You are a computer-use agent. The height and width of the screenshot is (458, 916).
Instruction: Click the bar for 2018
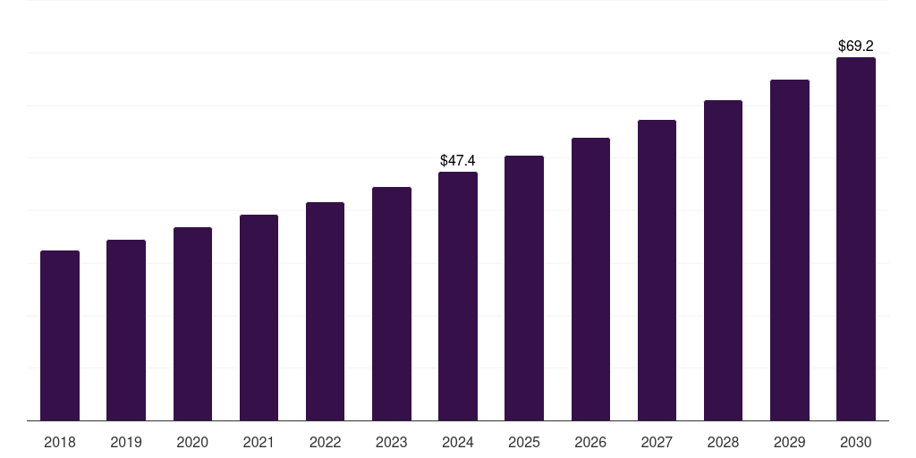coord(60,335)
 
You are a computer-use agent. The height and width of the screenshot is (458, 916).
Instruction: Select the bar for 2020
coord(192,324)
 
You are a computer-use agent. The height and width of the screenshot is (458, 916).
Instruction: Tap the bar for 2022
coord(325,311)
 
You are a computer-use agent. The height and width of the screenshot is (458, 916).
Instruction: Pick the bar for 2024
coord(458,296)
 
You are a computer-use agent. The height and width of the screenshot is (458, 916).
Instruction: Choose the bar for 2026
coord(590,279)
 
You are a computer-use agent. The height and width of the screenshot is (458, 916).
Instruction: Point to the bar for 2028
coord(723,260)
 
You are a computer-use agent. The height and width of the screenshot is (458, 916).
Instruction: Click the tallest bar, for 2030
coord(855,239)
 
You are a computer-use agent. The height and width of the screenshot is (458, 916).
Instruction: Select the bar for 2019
coord(126,330)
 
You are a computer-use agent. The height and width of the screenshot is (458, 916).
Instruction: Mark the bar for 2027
coord(657,270)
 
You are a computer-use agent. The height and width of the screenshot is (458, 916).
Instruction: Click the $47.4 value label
coord(458,161)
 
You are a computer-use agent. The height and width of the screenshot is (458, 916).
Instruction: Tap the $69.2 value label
coord(855,46)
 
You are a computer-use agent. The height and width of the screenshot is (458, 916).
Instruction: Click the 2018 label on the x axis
coord(60,442)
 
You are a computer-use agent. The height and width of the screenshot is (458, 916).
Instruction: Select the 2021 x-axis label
coord(259,442)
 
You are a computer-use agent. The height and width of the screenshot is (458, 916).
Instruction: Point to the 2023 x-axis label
coord(391,442)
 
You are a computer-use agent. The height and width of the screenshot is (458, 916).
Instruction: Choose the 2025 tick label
coord(524,442)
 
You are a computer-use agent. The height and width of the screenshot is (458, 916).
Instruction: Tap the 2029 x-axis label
coord(789,442)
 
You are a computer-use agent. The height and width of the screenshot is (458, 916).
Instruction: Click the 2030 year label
coord(855,442)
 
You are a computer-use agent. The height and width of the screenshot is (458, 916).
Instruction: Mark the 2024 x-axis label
coord(458,442)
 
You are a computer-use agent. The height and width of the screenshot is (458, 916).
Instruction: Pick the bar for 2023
coord(391,304)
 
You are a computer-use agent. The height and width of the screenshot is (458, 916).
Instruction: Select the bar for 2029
coord(789,250)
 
